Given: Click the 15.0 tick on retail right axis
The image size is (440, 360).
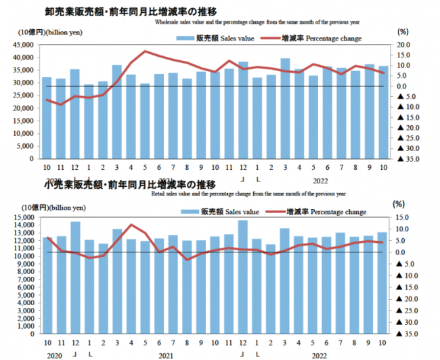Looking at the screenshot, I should coord(402,217).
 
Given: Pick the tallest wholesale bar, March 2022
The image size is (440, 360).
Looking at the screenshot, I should coord(285,108).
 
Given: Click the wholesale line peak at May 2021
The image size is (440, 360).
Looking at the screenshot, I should coord(146,51).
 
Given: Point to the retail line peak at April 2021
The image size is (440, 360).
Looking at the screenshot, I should coord(132,225).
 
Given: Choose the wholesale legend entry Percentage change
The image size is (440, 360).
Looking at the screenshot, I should coord(325,39).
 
